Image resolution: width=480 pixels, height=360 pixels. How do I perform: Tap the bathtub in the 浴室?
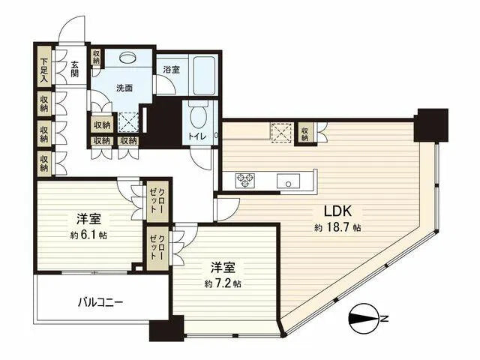(x=205, y=75)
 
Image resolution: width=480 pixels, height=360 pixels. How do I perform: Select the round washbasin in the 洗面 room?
(x=127, y=58)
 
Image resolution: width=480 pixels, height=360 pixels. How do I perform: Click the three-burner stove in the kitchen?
(x=245, y=180)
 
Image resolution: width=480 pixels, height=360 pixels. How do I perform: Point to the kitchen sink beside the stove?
(x=288, y=181)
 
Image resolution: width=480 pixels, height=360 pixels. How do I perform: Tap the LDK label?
(x=337, y=211)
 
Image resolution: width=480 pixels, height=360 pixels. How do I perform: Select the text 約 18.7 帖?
(x=337, y=228)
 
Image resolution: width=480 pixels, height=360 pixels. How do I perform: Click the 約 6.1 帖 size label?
(x=88, y=235)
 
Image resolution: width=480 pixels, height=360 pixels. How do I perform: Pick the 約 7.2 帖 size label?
(x=223, y=283)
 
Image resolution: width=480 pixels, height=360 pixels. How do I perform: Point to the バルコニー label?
(x=100, y=303)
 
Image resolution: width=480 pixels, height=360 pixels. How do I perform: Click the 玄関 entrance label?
(x=75, y=69)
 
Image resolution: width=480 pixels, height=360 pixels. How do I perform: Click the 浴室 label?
(x=172, y=70)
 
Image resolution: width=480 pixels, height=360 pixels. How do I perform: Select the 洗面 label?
(x=124, y=88)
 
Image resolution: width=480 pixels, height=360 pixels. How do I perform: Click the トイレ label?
(x=197, y=136)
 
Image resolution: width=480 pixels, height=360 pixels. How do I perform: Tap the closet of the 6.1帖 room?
(x=157, y=201)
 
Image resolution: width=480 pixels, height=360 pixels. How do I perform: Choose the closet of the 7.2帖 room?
(x=157, y=248)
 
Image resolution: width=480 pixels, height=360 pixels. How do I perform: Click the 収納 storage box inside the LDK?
(x=304, y=133)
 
